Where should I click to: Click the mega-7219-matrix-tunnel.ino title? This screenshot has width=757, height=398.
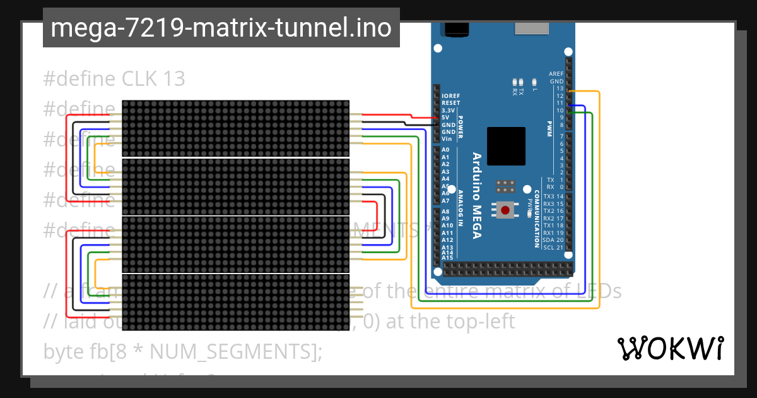(x=221, y=28)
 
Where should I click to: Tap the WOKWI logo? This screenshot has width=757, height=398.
(x=670, y=348)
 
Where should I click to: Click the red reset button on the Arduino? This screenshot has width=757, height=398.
(x=505, y=210)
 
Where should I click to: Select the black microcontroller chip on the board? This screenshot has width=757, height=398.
(x=506, y=146)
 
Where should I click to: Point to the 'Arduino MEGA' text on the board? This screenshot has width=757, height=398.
(x=477, y=196)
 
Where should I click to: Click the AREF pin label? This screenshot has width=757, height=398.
(x=556, y=74)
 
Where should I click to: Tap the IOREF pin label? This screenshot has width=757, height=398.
(x=450, y=95)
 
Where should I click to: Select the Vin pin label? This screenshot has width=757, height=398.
(x=447, y=139)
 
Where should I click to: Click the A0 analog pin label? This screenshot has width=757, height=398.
(x=445, y=150)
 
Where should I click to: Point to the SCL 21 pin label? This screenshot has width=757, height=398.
(x=553, y=247)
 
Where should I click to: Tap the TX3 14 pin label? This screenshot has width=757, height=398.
(x=553, y=196)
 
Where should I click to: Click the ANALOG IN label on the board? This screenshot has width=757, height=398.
(x=461, y=207)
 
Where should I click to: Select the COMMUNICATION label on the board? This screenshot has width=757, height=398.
(x=537, y=219)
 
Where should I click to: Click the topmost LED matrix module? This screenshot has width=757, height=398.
(x=235, y=128)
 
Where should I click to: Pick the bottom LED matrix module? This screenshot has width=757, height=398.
(x=235, y=302)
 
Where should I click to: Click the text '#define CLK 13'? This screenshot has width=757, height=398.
(x=114, y=79)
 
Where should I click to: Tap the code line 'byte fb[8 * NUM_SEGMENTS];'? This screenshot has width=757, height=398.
(x=182, y=352)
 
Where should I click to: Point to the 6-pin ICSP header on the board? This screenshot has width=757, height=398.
(x=505, y=186)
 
